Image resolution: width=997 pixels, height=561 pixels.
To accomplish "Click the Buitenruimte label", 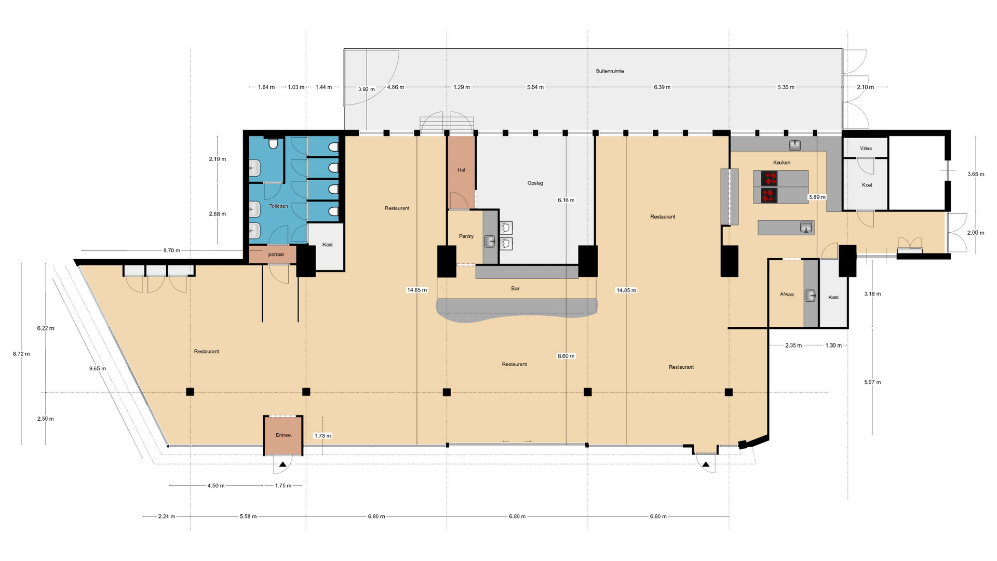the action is pyautogui.click(x=610, y=71).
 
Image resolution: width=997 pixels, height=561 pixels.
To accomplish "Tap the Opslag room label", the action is pyautogui.click(x=535, y=183).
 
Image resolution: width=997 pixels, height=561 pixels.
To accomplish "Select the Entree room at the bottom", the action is pyautogui.click(x=283, y=435).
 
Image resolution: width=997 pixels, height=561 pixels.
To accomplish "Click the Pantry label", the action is pyautogui.click(x=466, y=236).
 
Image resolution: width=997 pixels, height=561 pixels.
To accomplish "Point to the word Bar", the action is pyautogui.click(x=515, y=289).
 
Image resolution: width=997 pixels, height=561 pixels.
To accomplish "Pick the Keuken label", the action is pyautogui.click(x=782, y=163).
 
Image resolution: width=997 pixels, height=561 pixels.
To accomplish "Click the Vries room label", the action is pyautogui.click(x=866, y=149).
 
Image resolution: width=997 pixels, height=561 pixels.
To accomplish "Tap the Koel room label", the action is pyautogui.click(x=867, y=185).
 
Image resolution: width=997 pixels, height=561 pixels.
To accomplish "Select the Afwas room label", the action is pyautogui.click(x=787, y=295).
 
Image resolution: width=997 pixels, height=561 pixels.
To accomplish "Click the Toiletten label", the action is pyautogui.click(x=278, y=206).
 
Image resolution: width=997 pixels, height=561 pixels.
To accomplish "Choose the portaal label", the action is pyautogui.click(x=276, y=255).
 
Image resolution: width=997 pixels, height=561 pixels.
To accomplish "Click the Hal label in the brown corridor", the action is pyautogui.click(x=461, y=170).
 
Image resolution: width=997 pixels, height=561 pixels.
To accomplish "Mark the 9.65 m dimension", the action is pyautogui.click(x=98, y=369).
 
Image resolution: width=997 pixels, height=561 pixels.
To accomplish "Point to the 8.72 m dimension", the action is pyautogui.click(x=21, y=354).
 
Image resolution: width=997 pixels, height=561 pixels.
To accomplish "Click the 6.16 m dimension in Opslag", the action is pyautogui.click(x=566, y=200).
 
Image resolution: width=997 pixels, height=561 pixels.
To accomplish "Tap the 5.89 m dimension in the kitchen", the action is pyautogui.click(x=817, y=197).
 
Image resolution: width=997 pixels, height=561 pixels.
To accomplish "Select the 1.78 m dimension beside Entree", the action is pyautogui.click(x=322, y=436).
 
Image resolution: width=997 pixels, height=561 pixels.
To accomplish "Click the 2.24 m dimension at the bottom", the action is pyautogui.click(x=167, y=516).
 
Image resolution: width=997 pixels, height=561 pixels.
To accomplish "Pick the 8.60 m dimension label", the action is pyautogui.click(x=566, y=356).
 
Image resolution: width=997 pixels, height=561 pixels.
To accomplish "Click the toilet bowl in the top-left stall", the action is pyautogui.click(x=273, y=143).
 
